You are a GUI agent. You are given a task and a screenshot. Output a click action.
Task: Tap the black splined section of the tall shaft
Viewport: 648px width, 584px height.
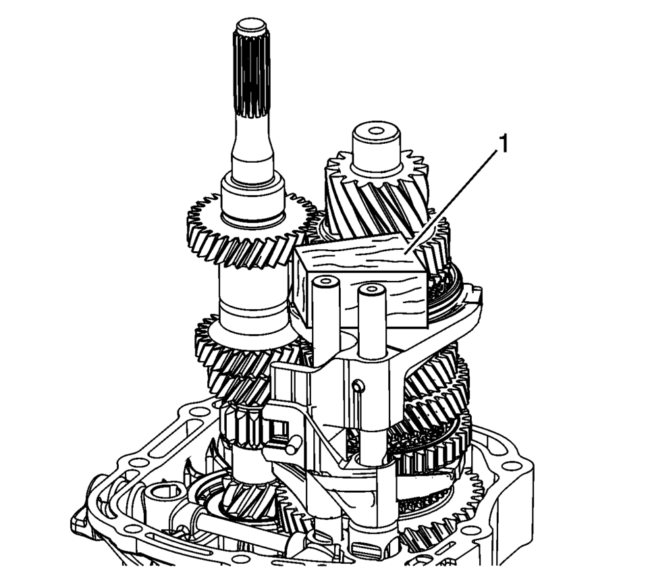252,74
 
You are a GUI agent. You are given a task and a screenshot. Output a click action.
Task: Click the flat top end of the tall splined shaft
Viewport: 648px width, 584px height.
252,26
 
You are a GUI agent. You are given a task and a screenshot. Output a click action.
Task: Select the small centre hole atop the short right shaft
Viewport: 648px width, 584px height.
376,131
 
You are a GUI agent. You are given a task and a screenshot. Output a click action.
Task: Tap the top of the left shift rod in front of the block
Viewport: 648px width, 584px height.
326,283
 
